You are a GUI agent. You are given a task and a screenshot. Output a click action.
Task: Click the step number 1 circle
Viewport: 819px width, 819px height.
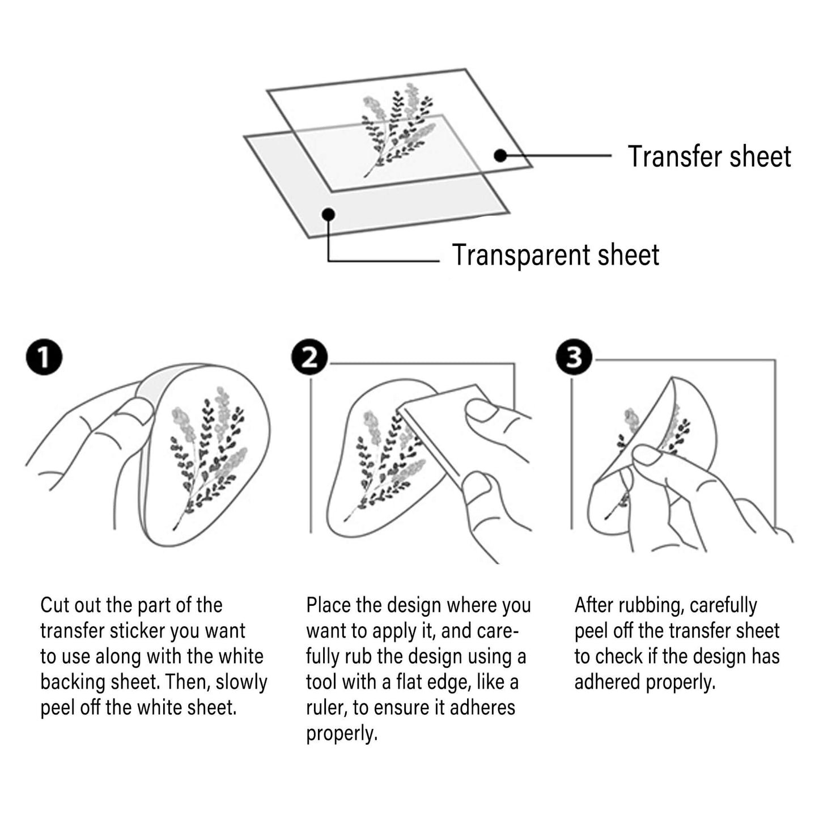pos(44,357)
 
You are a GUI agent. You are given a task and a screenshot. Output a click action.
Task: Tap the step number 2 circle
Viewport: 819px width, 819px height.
pos(309,357)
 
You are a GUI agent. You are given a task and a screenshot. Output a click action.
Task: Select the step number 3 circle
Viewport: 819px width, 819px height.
pos(574,357)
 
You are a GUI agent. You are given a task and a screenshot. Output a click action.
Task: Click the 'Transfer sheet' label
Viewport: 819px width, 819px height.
pos(710,156)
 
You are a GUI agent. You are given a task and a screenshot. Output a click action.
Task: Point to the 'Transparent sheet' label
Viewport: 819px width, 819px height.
pos(555,255)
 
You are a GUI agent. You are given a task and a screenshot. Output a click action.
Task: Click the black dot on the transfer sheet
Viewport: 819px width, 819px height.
pos(500,155)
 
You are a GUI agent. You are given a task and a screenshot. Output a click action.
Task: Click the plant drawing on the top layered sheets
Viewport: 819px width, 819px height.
pos(398,130)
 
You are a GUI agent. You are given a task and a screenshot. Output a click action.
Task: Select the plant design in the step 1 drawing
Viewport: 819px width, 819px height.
pos(208,458)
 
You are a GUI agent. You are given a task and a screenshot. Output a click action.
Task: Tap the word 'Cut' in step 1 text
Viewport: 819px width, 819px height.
pos(55,605)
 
